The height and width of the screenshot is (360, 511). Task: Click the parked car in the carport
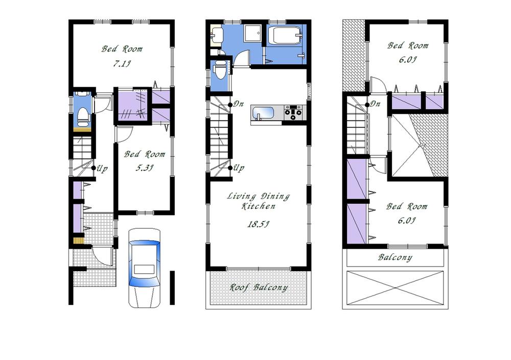(144, 268)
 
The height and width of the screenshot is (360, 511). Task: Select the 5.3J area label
(145, 167)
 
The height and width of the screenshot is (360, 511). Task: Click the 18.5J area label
(258, 224)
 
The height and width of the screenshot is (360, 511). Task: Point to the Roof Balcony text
(258, 287)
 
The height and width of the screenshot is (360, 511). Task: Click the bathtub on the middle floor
(285, 37)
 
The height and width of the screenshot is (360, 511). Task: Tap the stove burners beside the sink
(294, 112)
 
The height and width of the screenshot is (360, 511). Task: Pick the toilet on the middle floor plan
(219, 71)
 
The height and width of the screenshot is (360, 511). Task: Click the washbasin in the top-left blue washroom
(217, 35)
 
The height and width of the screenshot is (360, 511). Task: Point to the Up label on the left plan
(102, 169)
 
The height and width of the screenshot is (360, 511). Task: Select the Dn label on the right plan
(375, 104)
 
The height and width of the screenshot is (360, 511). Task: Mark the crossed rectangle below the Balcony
(397, 287)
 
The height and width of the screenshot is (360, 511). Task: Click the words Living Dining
(258, 197)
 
